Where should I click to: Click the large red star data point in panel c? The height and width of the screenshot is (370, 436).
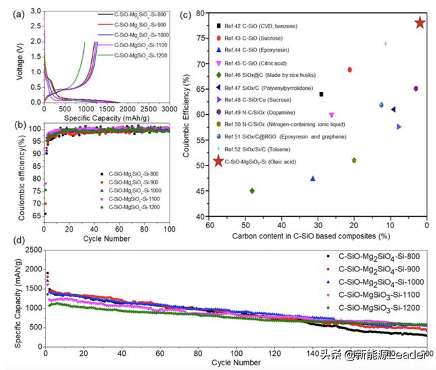click(419, 23)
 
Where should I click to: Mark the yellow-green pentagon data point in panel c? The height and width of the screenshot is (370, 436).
click(354, 160)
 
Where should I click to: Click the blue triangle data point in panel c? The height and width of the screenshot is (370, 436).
click(313, 178)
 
